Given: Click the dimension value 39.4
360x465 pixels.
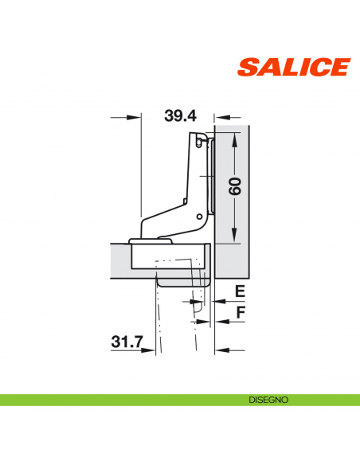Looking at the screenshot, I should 180,116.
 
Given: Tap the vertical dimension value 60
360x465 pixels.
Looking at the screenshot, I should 234,188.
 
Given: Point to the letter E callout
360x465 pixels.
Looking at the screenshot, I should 239,291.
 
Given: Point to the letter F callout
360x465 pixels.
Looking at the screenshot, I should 239,313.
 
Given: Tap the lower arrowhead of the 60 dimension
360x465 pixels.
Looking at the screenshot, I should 234,236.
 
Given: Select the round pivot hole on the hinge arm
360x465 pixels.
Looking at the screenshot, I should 198,217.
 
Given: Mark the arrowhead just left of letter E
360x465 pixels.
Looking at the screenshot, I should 217,302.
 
